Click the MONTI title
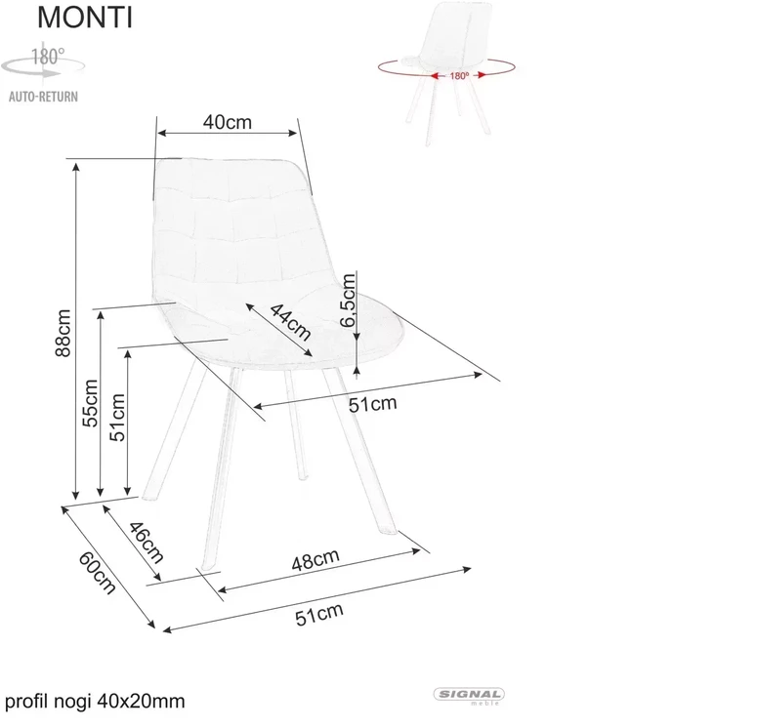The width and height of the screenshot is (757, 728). [x=84, y=18]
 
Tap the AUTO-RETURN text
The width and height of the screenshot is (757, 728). [x=43, y=97]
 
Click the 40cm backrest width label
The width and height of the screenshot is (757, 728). [x=228, y=122]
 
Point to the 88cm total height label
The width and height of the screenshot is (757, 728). [x=63, y=333]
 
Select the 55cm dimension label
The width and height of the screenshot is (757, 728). [x=90, y=403]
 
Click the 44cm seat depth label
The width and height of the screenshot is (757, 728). [x=290, y=322]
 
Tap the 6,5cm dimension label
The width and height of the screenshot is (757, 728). [x=348, y=300]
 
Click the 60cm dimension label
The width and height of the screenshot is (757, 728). [x=97, y=573]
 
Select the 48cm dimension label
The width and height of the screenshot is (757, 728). [x=315, y=559]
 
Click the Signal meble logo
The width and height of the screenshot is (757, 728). [x=469, y=696]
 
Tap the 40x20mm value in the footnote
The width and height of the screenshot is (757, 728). [x=141, y=701]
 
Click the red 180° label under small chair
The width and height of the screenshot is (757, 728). [x=460, y=76]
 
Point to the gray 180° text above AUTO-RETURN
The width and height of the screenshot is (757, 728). [x=48, y=57]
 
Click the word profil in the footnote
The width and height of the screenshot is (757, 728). [x=26, y=702]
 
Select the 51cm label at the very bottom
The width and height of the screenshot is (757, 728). [x=319, y=615]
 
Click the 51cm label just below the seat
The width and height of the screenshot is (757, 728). [x=373, y=404]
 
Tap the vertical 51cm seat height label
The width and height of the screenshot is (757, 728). [x=117, y=418]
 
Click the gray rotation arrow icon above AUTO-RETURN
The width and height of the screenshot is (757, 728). [x=42, y=68]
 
